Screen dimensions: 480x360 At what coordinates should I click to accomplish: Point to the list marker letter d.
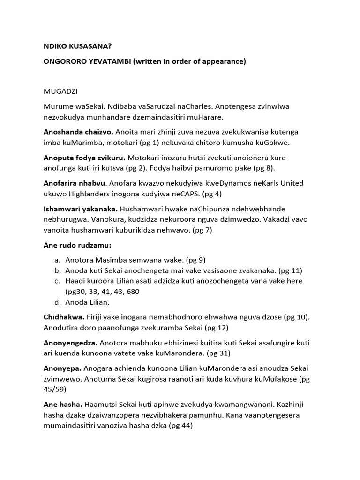(57, 302)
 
